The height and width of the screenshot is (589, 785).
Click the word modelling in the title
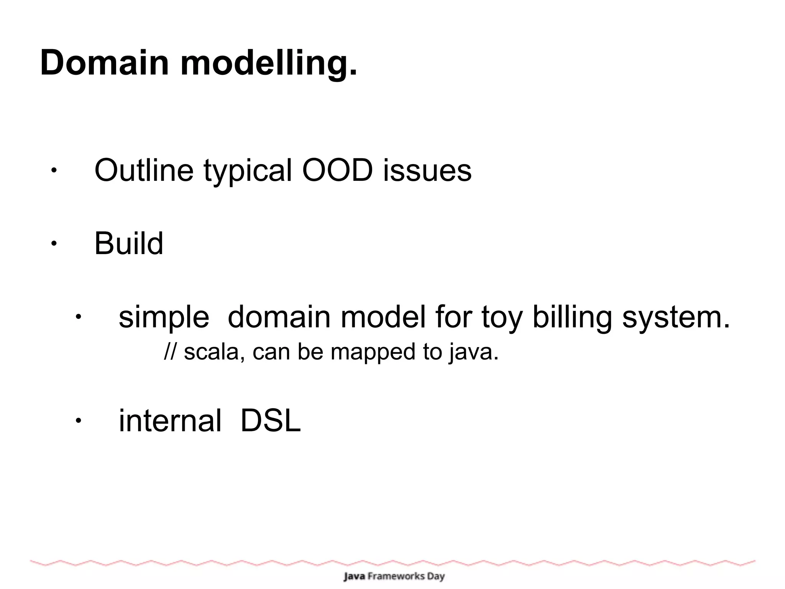[x=268, y=63]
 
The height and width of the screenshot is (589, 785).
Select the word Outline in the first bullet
[x=144, y=170]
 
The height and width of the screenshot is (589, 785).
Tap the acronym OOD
[x=337, y=170]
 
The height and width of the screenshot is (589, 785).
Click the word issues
[x=427, y=170]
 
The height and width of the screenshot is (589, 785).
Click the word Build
[x=129, y=243]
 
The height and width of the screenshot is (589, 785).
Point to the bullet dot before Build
[x=54, y=243]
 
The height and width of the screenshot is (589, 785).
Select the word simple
[x=164, y=318]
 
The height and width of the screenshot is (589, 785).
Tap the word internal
[x=170, y=421]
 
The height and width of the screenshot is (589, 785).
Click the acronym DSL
[x=271, y=421]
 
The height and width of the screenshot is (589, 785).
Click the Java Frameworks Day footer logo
[x=394, y=576]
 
